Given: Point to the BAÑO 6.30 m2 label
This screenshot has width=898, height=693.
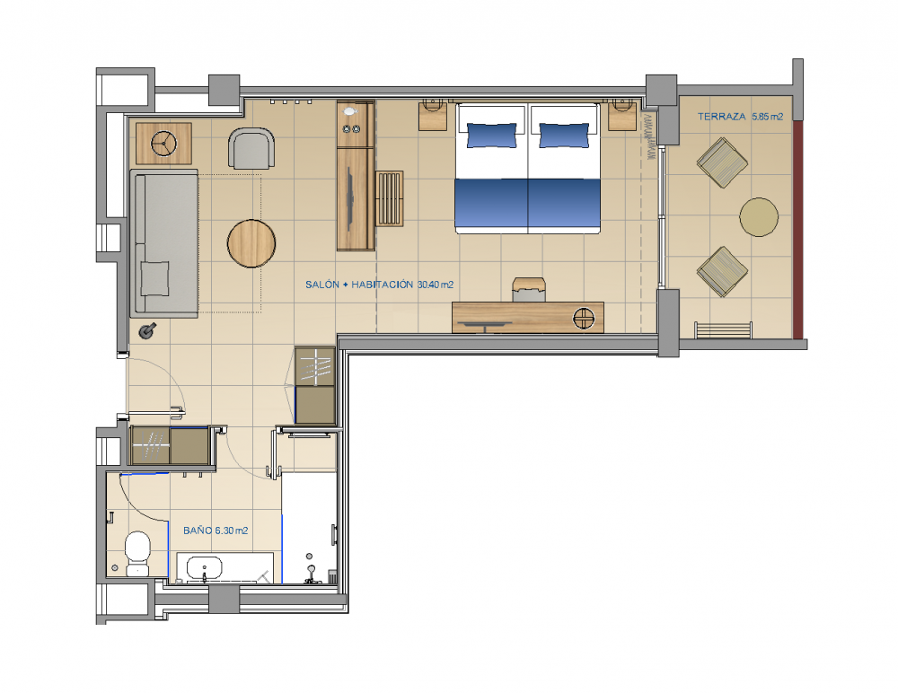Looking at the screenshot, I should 216,531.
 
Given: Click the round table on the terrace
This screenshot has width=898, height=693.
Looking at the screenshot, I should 759,217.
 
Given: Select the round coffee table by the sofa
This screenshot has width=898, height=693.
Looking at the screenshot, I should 251,244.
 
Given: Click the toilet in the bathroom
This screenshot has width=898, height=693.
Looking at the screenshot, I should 137,553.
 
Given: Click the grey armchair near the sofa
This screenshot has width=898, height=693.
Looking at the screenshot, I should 251,149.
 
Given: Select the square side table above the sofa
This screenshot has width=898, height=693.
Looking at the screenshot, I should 163,142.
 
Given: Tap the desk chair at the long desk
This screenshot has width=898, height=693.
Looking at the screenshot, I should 529,289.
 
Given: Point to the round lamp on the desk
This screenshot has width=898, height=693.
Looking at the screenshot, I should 585,316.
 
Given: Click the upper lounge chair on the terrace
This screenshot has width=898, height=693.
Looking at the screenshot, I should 723,162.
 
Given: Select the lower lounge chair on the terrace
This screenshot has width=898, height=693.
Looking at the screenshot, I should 722,270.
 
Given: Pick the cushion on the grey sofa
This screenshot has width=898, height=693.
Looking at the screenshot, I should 154,277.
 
